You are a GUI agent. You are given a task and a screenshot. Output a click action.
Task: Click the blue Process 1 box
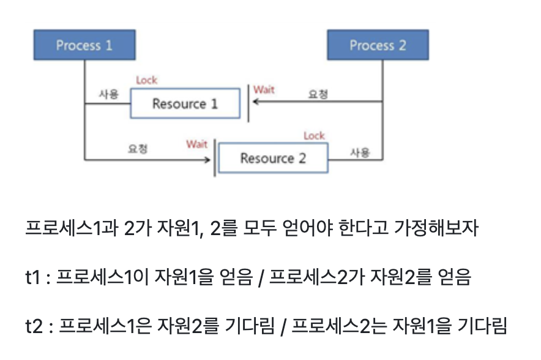point(84,45)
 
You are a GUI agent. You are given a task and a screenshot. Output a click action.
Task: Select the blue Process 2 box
point(378,45)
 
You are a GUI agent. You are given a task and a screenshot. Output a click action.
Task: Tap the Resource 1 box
point(184,103)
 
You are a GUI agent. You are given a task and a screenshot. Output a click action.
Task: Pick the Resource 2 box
point(273,159)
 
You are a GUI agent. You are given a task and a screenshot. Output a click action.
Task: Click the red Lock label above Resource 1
point(146,80)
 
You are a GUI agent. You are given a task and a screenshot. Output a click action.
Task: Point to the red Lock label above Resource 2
point(314,135)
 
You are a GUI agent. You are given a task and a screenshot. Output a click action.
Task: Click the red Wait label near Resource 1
point(264,90)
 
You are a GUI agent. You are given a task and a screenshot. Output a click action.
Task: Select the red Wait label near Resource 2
point(197,144)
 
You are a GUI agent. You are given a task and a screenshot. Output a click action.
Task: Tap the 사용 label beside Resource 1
point(108,94)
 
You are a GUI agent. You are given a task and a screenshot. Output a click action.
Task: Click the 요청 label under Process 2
point(318,94)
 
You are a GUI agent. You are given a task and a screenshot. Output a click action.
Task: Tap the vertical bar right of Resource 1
point(248,103)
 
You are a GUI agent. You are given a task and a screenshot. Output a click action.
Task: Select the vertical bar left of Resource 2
point(215,159)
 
